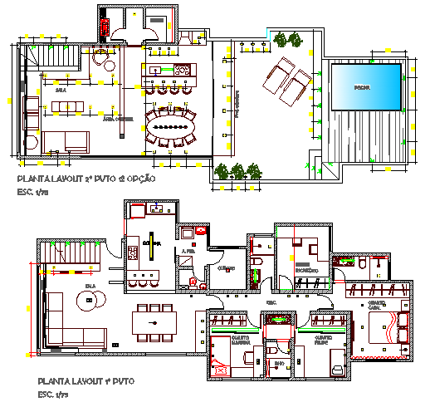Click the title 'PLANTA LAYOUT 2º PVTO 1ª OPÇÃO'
pyautogui.click(x=86, y=179)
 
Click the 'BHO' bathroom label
pyautogui.click(x=278, y=362)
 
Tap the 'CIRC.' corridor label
pyautogui.click(x=271, y=302)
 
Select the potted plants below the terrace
pyautogui.click(x=237, y=170)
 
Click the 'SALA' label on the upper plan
pyautogui.click(x=60, y=88)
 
